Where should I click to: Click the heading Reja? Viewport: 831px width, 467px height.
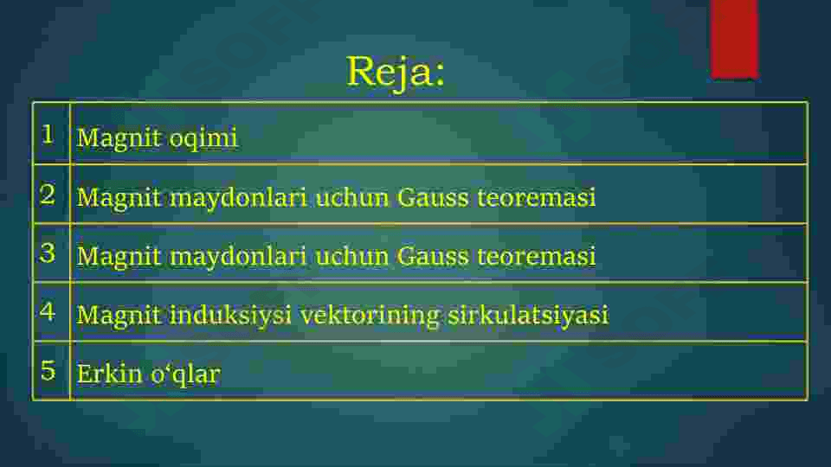coord(396,73)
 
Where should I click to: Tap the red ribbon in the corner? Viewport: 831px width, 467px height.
coord(734,39)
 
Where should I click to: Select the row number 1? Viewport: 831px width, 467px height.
coord(48,135)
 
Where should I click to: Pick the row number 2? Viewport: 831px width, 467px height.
coord(48,195)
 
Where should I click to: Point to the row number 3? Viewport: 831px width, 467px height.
coord(48,253)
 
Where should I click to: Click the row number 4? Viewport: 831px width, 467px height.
coord(48,311)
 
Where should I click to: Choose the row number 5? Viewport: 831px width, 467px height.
coord(48,370)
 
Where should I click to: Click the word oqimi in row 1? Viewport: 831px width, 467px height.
coord(203,139)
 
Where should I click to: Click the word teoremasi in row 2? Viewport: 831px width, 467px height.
coord(537,197)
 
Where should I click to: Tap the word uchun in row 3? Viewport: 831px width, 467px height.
coord(352,256)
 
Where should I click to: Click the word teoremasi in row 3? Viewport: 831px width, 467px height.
coord(537,256)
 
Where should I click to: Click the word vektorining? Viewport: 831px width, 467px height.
coord(370,316)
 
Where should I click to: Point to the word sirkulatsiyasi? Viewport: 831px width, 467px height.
coord(528,316)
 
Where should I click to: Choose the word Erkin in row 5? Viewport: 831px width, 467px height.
coord(110,374)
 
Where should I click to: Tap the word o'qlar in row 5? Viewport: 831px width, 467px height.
coord(185,374)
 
